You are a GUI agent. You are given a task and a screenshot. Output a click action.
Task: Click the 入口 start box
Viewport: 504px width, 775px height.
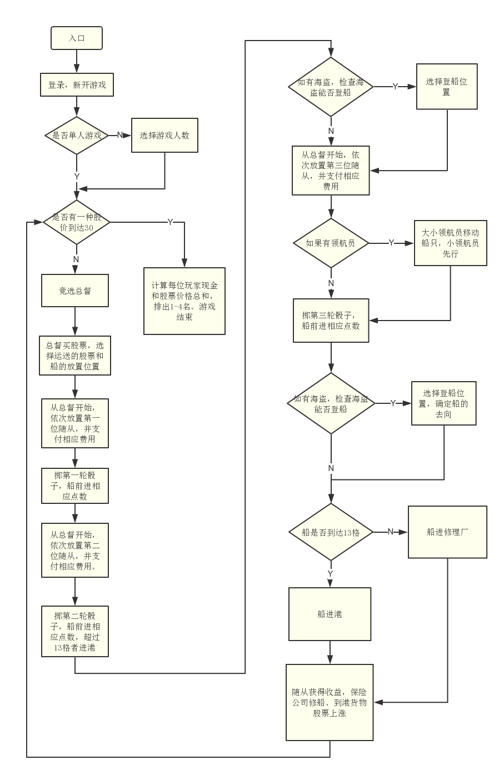click(x=77, y=38)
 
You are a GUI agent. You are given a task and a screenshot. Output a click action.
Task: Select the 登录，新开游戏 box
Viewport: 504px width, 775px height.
click(x=77, y=85)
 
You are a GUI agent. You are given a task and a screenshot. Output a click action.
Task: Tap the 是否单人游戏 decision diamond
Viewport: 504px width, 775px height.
click(x=77, y=135)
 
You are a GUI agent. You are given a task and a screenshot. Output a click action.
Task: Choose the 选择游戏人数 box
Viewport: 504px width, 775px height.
click(x=164, y=135)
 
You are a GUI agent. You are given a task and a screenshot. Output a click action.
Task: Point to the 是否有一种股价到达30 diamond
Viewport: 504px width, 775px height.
click(x=77, y=222)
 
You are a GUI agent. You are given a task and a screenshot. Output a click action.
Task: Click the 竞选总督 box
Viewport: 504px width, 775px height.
click(x=75, y=291)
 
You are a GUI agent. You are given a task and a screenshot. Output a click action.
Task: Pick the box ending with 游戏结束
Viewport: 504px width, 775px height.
click(x=184, y=301)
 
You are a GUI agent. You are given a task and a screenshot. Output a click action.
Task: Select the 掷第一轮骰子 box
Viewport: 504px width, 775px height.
click(x=75, y=486)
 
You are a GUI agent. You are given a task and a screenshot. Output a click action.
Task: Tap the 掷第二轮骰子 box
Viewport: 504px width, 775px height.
click(x=75, y=631)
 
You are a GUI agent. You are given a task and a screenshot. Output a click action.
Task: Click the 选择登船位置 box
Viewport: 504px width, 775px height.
click(x=447, y=87)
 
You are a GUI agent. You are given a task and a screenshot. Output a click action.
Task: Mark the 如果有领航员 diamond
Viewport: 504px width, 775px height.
click(x=331, y=243)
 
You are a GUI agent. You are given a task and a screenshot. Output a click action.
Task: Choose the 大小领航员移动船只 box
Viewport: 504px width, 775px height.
click(x=451, y=243)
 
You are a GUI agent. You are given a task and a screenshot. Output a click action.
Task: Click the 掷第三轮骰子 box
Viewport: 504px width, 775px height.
click(x=331, y=320)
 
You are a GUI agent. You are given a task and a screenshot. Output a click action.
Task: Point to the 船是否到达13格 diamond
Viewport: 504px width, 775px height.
click(x=331, y=532)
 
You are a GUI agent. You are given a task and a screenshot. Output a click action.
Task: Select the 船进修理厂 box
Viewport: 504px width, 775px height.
click(x=447, y=532)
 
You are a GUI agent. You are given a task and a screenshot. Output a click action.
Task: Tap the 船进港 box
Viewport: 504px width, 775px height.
click(x=330, y=614)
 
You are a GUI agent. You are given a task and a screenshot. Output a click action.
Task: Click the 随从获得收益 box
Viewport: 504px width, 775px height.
click(x=330, y=702)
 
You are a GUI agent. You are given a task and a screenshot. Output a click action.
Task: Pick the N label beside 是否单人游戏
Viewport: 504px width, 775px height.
click(x=119, y=135)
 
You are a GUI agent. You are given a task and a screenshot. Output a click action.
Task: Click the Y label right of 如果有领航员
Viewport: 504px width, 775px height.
click(x=391, y=243)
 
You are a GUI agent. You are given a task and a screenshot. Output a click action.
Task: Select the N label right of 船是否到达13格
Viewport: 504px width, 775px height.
click(x=390, y=532)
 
